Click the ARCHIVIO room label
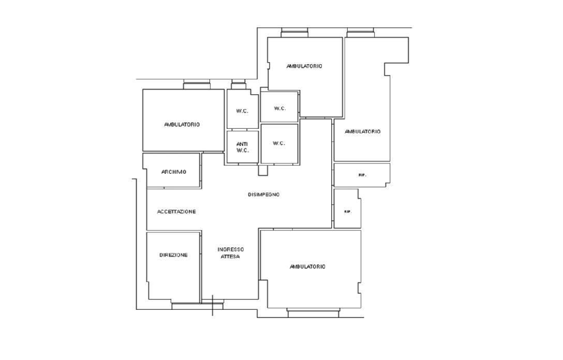pyautogui.click(x=174, y=172)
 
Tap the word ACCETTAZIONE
pyautogui.click(x=176, y=212)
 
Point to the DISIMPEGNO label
pyautogui.click(x=263, y=194)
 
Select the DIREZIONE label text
pyautogui.click(x=173, y=255)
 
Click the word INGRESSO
pyautogui.click(x=230, y=249)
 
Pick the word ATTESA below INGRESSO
pyautogui.click(x=230, y=257)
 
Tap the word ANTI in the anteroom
pyautogui.click(x=242, y=144)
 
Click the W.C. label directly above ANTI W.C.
pyautogui.click(x=242, y=111)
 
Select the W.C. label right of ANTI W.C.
pyautogui.click(x=279, y=143)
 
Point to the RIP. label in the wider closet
pyautogui.click(x=362, y=175)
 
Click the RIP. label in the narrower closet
pyautogui.click(x=348, y=212)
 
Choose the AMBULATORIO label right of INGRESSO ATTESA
pyautogui.click(x=307, y=267)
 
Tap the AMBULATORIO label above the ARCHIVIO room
pyautogui.click(x=182, y=125)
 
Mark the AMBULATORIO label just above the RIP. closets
pyautogui.click(x=362, y=131)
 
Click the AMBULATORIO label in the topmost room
pyautogui.click(x=304, y=66)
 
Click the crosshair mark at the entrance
pyautogui.click(x=213, y=305)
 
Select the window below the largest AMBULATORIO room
pyautogui.click(x=314, y=312)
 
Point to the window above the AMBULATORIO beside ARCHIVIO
pyautogui.click(x=197, y=84)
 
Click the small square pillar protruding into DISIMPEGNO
pyautogui.click(x=263, y=170)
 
